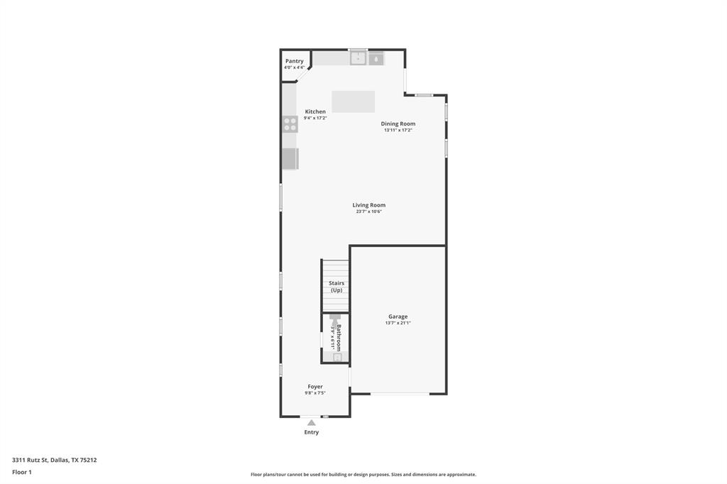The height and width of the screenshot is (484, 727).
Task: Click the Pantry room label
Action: pyautogui.click(x=294, y=61)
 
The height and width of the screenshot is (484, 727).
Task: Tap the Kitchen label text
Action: pyautogui.click(x=315, y=111)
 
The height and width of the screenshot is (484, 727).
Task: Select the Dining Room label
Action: pyautogui.click(x=398, y=123)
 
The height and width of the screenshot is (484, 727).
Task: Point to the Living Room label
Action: pyautogui.click(x=368, y=205)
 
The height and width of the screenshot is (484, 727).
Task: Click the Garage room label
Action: pyautogui.click(x=398, y=317)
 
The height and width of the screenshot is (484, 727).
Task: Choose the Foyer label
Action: pyautogui.click(x=315, y=387)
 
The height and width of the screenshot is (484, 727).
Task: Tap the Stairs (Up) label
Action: pyautogui.click(x=337, y=287)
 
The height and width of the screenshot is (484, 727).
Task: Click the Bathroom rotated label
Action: pyautogui.click(x=339, y=338)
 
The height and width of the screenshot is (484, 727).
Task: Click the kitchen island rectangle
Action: pyautogui.click(x=353, y=101)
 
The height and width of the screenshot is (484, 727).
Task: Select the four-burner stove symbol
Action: pyautogui.click(x=290, y=124)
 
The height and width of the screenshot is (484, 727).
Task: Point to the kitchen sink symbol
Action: pyautogui.click(x=358, y=58)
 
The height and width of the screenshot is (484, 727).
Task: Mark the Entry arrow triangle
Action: pyautogui.click(x=311, y=423)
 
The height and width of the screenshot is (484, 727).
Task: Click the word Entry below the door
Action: pyautogui.click(x=312, y=432)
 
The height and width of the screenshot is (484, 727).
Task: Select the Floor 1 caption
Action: pyautogui.click(x=22, y=472)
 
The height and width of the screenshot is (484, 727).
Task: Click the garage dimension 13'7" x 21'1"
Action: pyautogui.click(x=398, y=323)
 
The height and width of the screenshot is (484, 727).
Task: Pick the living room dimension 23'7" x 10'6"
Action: pyautogui.click(x=368, y=211)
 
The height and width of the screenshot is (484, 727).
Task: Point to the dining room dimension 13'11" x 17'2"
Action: pyautogui.click(x=398, y=130)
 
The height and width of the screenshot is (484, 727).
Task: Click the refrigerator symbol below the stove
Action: pyautogui.click(x=290, y=159)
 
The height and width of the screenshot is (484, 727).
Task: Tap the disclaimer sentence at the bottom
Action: pyautogui.click(x=363, y=475)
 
